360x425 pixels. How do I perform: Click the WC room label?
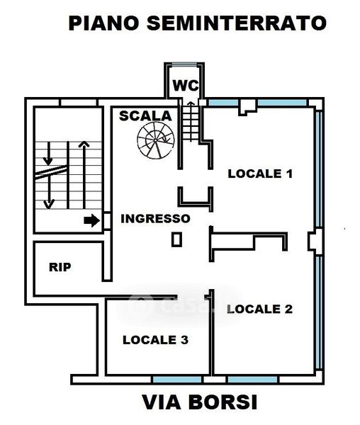coord(186,86)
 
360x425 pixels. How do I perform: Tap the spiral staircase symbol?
coord(156,140)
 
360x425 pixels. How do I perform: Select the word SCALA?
coord(145,116)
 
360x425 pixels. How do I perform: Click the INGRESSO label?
coord(155,218)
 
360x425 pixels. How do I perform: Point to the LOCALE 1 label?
coord(260,174)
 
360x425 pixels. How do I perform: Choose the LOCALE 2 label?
coord(259,309)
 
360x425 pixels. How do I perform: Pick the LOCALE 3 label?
coord(155,340)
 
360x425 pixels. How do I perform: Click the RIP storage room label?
coord(60,267)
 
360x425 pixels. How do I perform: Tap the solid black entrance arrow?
coord(91,220)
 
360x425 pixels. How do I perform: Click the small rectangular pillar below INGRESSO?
coord(176,239)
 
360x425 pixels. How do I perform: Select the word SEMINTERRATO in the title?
coord(237,23)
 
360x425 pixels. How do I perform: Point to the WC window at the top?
coord(184,64)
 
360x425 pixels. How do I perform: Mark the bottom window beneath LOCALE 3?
coord(177,379)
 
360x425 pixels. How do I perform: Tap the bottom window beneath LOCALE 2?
coord(252,379)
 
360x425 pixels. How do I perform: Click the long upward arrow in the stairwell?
coord(84,175)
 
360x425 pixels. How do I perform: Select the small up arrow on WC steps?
coord(191,121)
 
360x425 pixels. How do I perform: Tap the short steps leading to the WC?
coord(191,123)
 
